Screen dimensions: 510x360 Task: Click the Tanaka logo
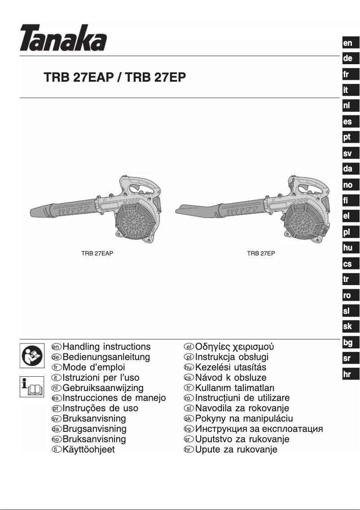[63, 38]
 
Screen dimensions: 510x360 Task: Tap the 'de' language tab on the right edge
[348, 59]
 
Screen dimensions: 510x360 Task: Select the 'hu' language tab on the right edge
[348, 248]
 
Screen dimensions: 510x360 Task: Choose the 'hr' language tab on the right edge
[348, 374]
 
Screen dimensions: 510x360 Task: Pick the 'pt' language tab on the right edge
[348, 137]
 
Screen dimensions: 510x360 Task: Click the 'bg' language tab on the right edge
[348, 343]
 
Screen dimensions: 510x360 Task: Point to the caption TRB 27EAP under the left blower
[97, 253]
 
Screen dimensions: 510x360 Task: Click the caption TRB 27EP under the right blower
[261, 253]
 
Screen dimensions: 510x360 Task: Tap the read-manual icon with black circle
[32, 354]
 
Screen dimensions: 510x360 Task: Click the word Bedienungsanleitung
[106, 357]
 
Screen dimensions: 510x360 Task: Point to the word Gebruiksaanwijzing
[103, 388]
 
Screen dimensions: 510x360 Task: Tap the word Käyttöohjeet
[89, 449]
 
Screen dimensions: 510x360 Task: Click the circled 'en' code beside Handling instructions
[56, 347]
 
